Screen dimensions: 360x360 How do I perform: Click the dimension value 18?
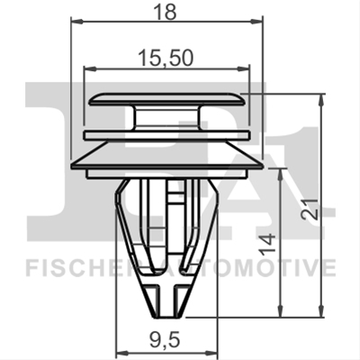[x=166, y=12]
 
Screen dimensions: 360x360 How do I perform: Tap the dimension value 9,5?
[x=166, y=341]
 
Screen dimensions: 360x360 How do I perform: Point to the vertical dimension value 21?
[x=310, y=209]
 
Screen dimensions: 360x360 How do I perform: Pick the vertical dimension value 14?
[x=267, y=245]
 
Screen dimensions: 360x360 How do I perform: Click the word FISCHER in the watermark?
[x=84, y=268]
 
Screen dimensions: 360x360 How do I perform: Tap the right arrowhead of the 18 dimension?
[x=256, y=21]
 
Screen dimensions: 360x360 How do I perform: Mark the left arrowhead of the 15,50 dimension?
[x=91, y=69]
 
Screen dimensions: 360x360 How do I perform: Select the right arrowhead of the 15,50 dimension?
[x=243, y=69]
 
